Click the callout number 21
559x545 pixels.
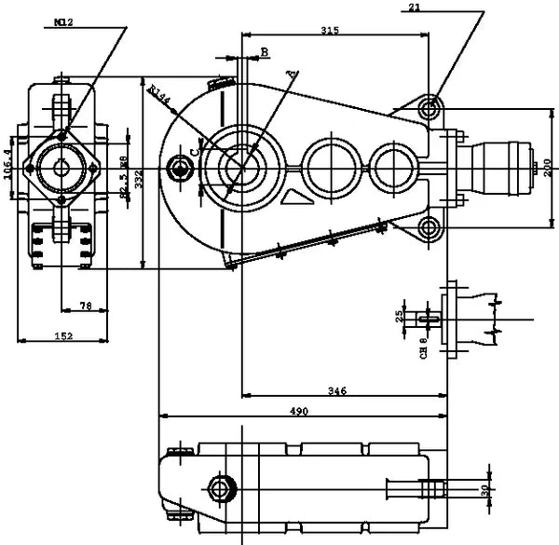[x=415, y=7]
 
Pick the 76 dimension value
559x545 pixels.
[x=84, y=306]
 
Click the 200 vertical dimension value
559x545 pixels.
[x=548, y=168]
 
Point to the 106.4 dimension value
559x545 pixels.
[x=8, y=164]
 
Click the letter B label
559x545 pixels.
[x=265, y=51]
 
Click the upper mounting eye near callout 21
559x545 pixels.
[x=429, y=108]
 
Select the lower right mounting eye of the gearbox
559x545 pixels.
[x=429, y=226]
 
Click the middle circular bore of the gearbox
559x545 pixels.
[x=328, y=165]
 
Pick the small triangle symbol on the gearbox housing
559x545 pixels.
[x=294, y=198]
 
